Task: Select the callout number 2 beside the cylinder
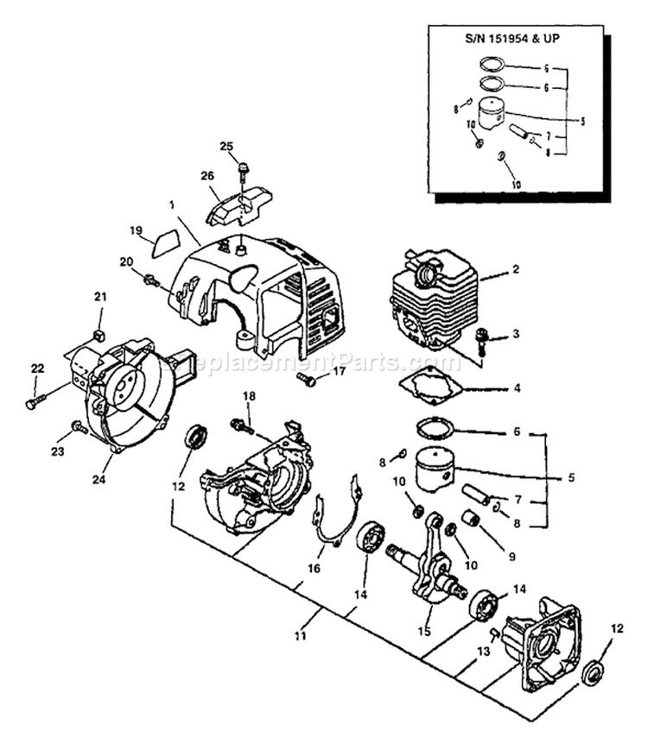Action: pos(515,269)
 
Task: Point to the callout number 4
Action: pos(516,388)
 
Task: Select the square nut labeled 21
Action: pos(98,332)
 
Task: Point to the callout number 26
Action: pos(207,176)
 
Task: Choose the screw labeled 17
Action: pos(306,377)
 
